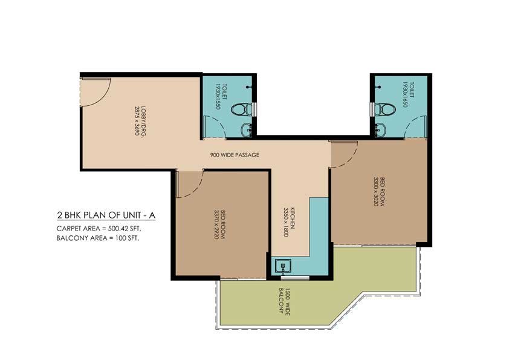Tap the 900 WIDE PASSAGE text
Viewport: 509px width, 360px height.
click(235, 155)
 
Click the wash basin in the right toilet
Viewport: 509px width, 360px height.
click(381, 128)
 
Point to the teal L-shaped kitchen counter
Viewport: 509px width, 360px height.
click(317, 230)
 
